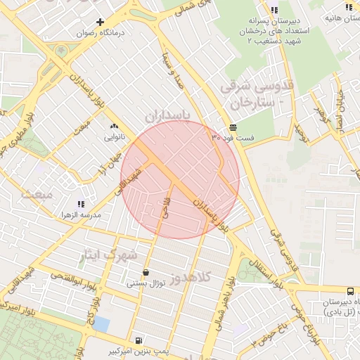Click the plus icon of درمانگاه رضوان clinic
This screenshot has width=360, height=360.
click(x=101, y=22)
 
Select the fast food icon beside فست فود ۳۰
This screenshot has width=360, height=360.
click(x=233, y=127)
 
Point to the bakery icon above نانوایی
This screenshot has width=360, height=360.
click(x=114, y=127)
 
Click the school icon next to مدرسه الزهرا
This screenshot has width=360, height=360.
click(x=89, y=203)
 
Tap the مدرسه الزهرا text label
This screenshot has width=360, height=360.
click(x=79, y=214)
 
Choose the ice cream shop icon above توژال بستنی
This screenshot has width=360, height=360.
click(x=146, y=272)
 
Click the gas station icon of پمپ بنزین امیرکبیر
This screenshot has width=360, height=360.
click(x=138, y=339)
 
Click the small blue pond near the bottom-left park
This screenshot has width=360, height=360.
click(x=101, y=324)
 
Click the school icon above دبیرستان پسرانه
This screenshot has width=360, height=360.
click(x=274, y=10)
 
